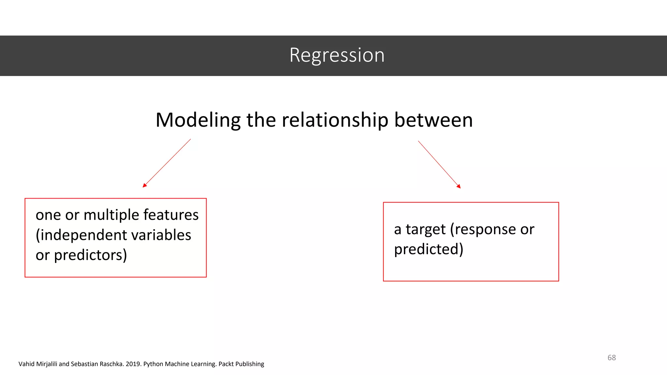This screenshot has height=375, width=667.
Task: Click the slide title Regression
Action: (337, 55)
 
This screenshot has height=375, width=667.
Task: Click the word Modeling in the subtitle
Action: (198, 120)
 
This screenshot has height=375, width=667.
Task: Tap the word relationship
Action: (335, 120)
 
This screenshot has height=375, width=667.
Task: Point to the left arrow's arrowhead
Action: (144, 186)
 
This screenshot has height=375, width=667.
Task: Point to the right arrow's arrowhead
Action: (459, 187)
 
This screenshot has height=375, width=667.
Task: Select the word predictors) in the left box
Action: (90, 255)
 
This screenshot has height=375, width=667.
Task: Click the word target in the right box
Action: (425, 229)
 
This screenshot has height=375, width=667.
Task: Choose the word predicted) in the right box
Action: (428, 250)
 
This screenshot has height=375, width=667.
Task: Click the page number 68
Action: (611, 358)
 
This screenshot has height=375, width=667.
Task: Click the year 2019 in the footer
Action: (133, 364)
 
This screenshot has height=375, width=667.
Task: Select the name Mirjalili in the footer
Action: (47, 364)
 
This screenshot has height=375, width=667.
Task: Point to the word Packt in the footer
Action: (226, 364)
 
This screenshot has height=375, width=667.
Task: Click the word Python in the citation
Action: (153, 364)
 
